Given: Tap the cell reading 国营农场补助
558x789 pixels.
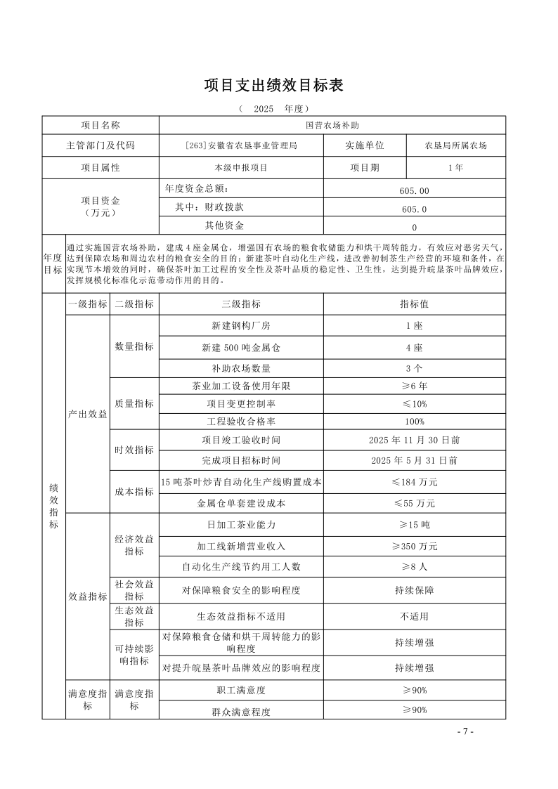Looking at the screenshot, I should point(332,125).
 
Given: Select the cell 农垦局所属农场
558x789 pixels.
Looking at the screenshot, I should point(455,146).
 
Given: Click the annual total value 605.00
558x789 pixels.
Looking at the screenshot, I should point(414,190).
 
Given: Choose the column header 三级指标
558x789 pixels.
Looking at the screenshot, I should point(241,304).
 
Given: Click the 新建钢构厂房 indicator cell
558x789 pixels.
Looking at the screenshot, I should point(241,325).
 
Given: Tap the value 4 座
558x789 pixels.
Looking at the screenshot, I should point(414,348).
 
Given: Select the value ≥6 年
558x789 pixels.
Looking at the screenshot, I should point(414,386).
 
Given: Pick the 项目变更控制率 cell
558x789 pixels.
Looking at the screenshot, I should point(241,404).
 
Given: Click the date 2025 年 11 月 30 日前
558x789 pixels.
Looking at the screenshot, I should point(414,440).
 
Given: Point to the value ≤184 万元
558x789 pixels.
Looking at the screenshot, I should point(414,482).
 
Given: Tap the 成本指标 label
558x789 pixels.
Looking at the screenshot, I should point(134,492).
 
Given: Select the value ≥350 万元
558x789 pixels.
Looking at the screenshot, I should point(414,546).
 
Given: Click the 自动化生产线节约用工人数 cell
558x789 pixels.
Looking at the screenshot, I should point(241,566).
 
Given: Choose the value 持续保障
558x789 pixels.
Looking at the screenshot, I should point(414,590).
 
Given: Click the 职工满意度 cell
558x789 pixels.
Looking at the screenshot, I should point(241,691).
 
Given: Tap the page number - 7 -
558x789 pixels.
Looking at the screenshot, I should point(465,731).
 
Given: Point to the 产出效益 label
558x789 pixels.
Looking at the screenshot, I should point(88,414).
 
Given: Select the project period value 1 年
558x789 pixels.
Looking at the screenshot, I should point(455,168).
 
